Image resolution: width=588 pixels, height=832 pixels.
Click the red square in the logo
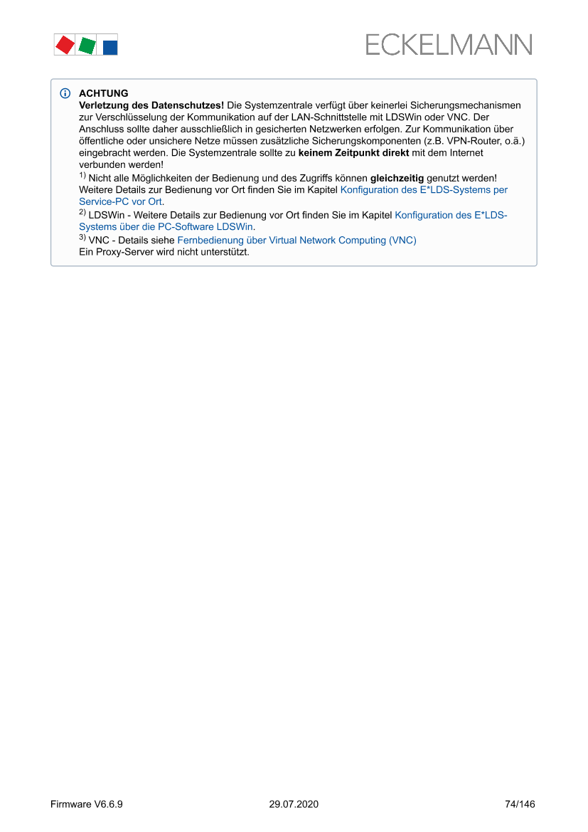pyautogui.click(x=65, y=46)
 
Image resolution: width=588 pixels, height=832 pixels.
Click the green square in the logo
pyautogui.click(x=87, y=46)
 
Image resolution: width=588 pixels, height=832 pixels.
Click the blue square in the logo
pyautogui.click(x=110, y=48)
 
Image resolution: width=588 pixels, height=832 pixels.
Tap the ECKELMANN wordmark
pyautogui.click(x=449, y=45)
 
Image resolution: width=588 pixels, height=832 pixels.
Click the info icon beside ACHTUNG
pyautogui.click(x=65, y=93)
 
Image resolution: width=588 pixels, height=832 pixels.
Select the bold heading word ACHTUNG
pyautogui.click(x=104, y=93)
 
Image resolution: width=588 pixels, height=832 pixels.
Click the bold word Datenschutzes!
pyautogui.click(x=188, y=105)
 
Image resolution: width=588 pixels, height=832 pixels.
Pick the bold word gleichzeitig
pyautogui.click(x=397, y=178)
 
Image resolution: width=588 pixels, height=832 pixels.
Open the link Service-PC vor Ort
pyautogui.click(x=121, y=201)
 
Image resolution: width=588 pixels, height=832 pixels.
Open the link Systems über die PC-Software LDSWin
pyautogui.click(x=166, y=227)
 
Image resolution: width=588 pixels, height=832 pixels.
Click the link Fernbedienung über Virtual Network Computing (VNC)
pyautogui.click(x=296, y=240)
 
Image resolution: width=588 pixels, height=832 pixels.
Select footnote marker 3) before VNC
pyautogui.click(x=82, y=238)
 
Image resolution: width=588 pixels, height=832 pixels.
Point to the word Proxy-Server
pyautogui.click(x=119, y=252)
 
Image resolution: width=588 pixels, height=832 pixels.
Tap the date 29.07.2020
pyautogui.click(x=294, y=804)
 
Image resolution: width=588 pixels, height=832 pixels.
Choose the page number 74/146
pyautogui.click(x=520, y=804)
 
